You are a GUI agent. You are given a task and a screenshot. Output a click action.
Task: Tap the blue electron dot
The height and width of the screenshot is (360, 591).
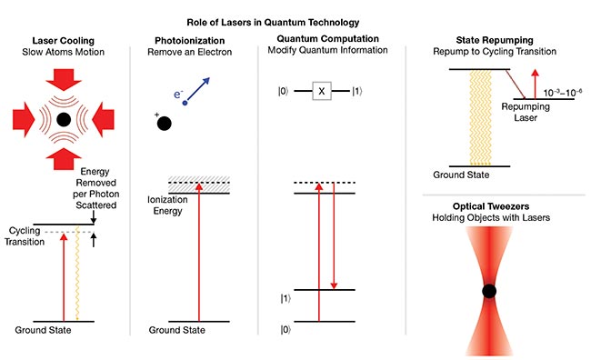pos(185,103)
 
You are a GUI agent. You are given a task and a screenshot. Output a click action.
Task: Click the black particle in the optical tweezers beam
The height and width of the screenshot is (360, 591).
pos(490,291)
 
